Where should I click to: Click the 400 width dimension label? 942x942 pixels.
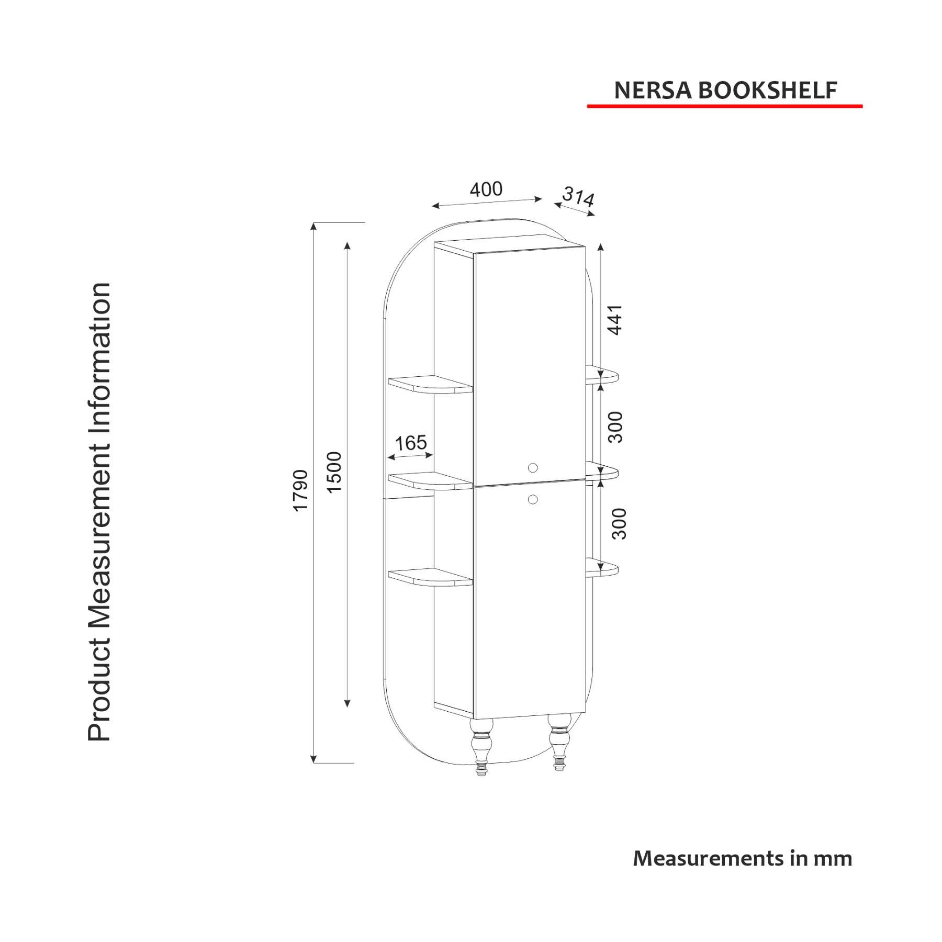tap(486, 189)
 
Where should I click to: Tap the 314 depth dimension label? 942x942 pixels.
tap(578, 197)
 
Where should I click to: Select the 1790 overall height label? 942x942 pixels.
tap(300, 490)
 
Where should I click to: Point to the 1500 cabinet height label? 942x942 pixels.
tap(334, 472)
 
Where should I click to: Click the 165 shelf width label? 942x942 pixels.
tap(411, 443)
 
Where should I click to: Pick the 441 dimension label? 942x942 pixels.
tap(615, 319)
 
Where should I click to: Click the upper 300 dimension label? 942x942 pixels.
tap(615, 427)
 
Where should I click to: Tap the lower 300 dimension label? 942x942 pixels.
tap(619, 523)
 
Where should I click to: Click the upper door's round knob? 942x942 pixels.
tap(533, 468)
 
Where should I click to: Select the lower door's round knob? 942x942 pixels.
tap(533, 499)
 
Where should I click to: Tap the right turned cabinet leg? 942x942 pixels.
tap(559, 741)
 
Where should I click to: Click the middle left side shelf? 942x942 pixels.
tap(430, 480)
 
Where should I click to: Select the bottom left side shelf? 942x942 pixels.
tap(430, 577)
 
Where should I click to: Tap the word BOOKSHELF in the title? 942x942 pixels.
tap(768, 91)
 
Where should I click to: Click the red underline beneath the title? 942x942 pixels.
tap(725, 106)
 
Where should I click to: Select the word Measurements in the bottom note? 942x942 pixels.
tap(708, 858)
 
